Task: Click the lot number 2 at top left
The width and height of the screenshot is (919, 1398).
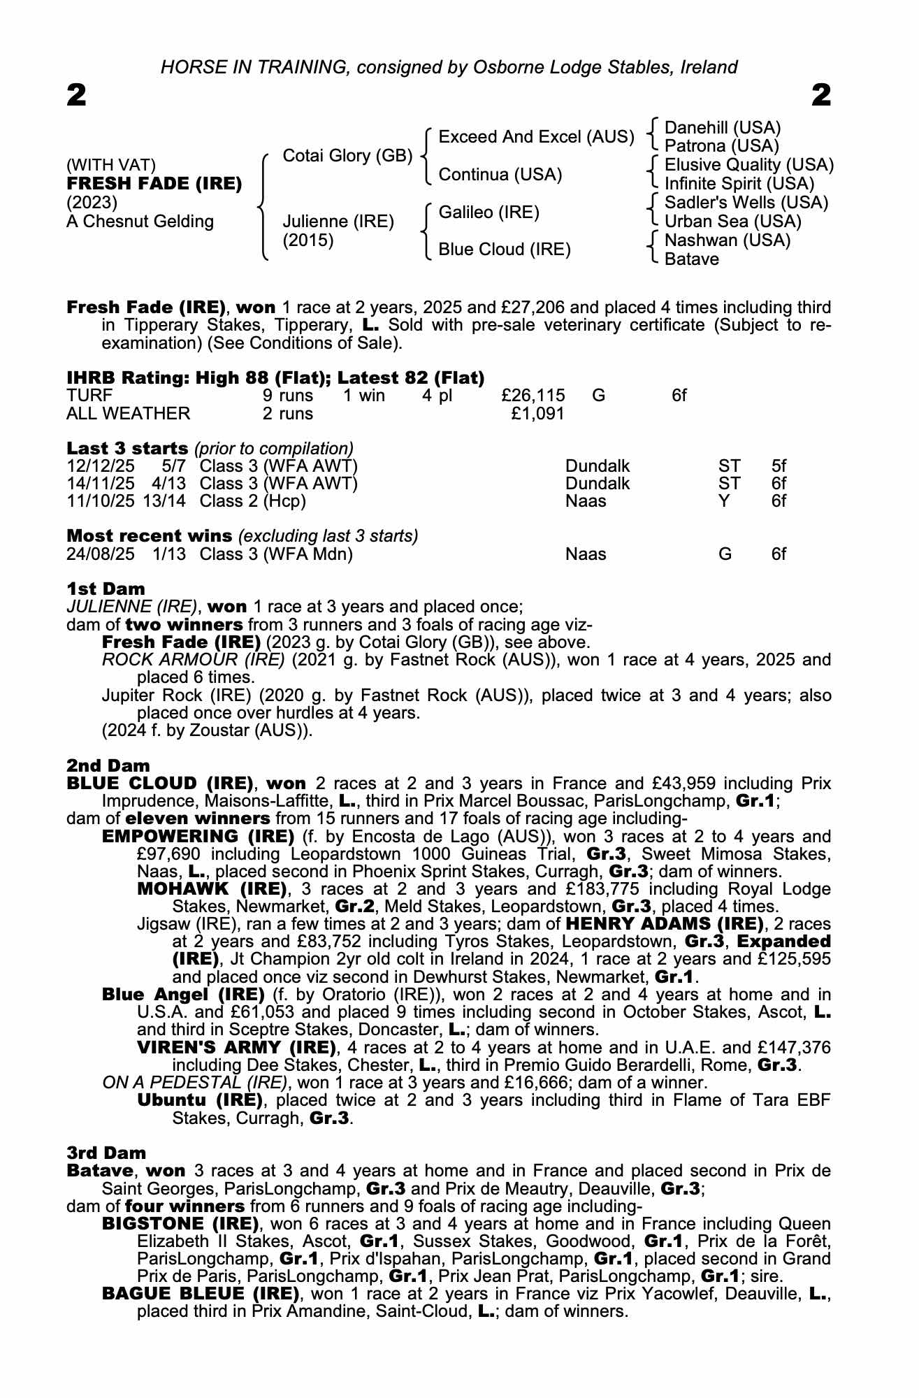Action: (x=77, y=95)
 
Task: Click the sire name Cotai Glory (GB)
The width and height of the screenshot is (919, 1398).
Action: (x=347, y=155)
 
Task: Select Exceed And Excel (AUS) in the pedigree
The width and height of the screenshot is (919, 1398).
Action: (x=536, y=137)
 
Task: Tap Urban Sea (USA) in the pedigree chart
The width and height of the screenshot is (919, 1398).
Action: (x=732, y=222)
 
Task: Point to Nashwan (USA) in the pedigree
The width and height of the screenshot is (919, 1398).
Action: (x=727, y=240)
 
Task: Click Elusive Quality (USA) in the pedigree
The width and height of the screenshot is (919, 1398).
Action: (x=748, y=165)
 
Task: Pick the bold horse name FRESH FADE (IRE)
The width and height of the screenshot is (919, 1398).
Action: (x=154, y=184)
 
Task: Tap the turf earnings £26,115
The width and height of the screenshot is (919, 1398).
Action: (x=533, y=396)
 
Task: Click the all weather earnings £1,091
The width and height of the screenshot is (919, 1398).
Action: (x=537, y=414)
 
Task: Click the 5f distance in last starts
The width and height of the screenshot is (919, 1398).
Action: (x=779, y=466)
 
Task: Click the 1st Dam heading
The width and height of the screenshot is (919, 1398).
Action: (x=106, y=589)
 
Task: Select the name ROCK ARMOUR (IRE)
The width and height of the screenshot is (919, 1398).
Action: (x=193, y=660)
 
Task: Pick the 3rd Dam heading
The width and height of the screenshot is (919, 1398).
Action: (x=106, y=1153)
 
